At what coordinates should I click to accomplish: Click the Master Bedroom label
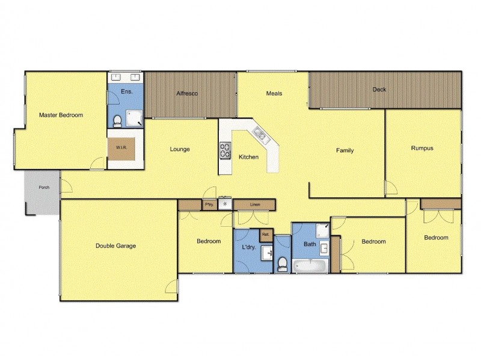(61, 115)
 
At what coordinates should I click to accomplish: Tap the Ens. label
(126, 91)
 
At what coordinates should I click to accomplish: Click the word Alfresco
(187, 94)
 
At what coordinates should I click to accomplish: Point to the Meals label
(274, 93)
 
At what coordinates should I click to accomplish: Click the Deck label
(379, 90)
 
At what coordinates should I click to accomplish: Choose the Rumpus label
(422, 148)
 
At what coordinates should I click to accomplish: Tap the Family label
(345, 150)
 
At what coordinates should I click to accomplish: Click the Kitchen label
(248, 157)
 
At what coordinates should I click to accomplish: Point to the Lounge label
(180, 149)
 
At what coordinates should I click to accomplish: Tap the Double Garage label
(115, 245)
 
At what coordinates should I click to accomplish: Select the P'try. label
(209, 205)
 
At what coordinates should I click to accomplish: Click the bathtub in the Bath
(310, 265)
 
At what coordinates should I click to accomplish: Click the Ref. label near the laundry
(265, 234)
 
